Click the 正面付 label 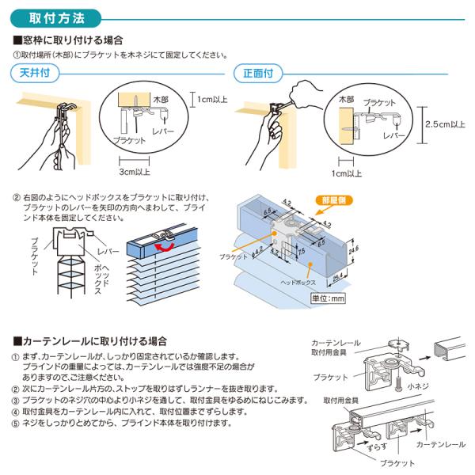[258, 73]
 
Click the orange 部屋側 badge [333, 200]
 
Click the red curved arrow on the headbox [165, 248]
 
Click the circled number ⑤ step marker [16, 423]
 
